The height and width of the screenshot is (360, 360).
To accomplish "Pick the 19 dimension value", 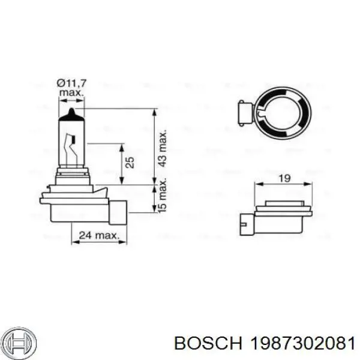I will [285, 178].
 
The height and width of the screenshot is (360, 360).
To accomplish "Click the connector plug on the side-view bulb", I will [119, 211].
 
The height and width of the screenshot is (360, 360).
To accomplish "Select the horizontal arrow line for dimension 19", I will [285, 184].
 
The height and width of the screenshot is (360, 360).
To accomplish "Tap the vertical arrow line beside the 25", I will [122, 163].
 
